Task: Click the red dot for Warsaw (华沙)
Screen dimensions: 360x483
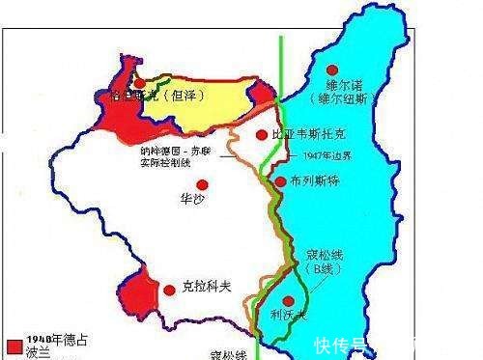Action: point(202,184)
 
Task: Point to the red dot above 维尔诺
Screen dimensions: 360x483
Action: point(332,70)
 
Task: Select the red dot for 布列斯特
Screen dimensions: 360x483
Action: point(280,180)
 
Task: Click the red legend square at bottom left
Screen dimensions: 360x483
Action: point(12,345)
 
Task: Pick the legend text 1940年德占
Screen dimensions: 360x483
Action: point(50,340)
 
